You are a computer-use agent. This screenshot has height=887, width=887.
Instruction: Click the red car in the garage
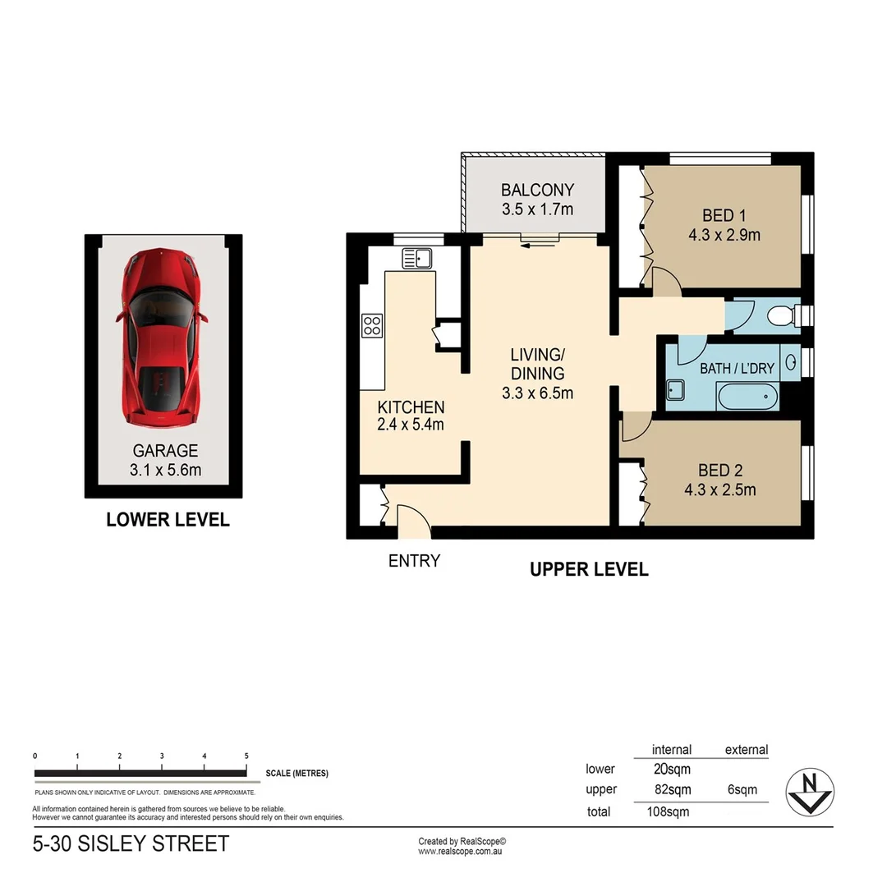coord(162,337)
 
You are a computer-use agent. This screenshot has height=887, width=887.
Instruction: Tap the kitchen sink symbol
coord(417,259)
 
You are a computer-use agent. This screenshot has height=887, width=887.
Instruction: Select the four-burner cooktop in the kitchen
coord(371,325)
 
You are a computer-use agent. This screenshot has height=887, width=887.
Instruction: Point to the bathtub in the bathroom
coord(747,398)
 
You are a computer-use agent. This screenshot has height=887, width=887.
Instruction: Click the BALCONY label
coord(537,191)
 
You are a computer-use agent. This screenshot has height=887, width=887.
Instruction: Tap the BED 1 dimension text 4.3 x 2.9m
coord(724,236)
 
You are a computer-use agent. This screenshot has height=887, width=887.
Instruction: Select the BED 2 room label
coord(720,471)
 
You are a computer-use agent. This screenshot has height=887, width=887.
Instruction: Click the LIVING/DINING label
coord(537,364)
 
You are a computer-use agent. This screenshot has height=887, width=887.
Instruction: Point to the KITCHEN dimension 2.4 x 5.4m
coord(410,425)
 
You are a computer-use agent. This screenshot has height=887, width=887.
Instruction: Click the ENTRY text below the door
coord(414,562)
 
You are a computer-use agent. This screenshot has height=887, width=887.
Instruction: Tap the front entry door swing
coord(413,521)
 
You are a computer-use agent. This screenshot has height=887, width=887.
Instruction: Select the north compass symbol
coord(810,793)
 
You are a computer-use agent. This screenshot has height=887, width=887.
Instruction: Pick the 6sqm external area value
coord(742,790)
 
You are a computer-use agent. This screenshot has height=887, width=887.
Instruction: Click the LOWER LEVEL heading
coord(168,520)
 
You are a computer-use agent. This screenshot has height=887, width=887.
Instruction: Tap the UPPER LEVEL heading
coord(589,569)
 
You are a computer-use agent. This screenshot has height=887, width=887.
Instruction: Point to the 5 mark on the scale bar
coord(246,756)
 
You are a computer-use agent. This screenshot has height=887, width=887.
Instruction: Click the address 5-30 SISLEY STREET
coord(131,843)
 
